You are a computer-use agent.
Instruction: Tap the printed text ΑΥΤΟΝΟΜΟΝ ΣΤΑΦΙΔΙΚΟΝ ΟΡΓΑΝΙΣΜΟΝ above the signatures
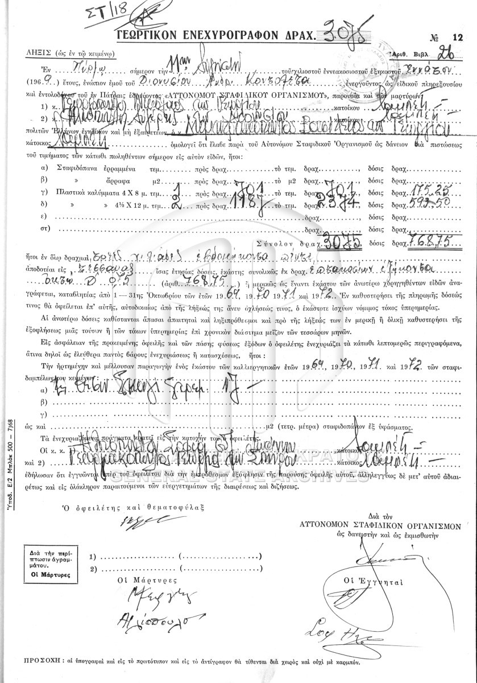coord(379,527)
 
